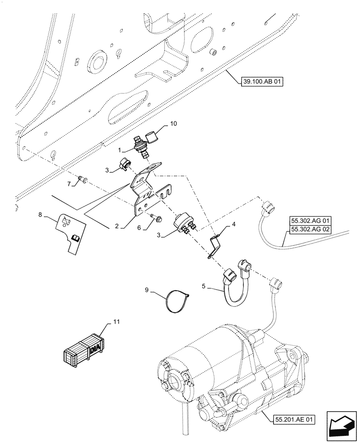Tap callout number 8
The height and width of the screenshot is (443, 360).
click(41, 214)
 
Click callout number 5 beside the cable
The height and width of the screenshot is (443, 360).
click(203, 286)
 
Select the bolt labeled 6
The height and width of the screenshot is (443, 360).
click(158, 218)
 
